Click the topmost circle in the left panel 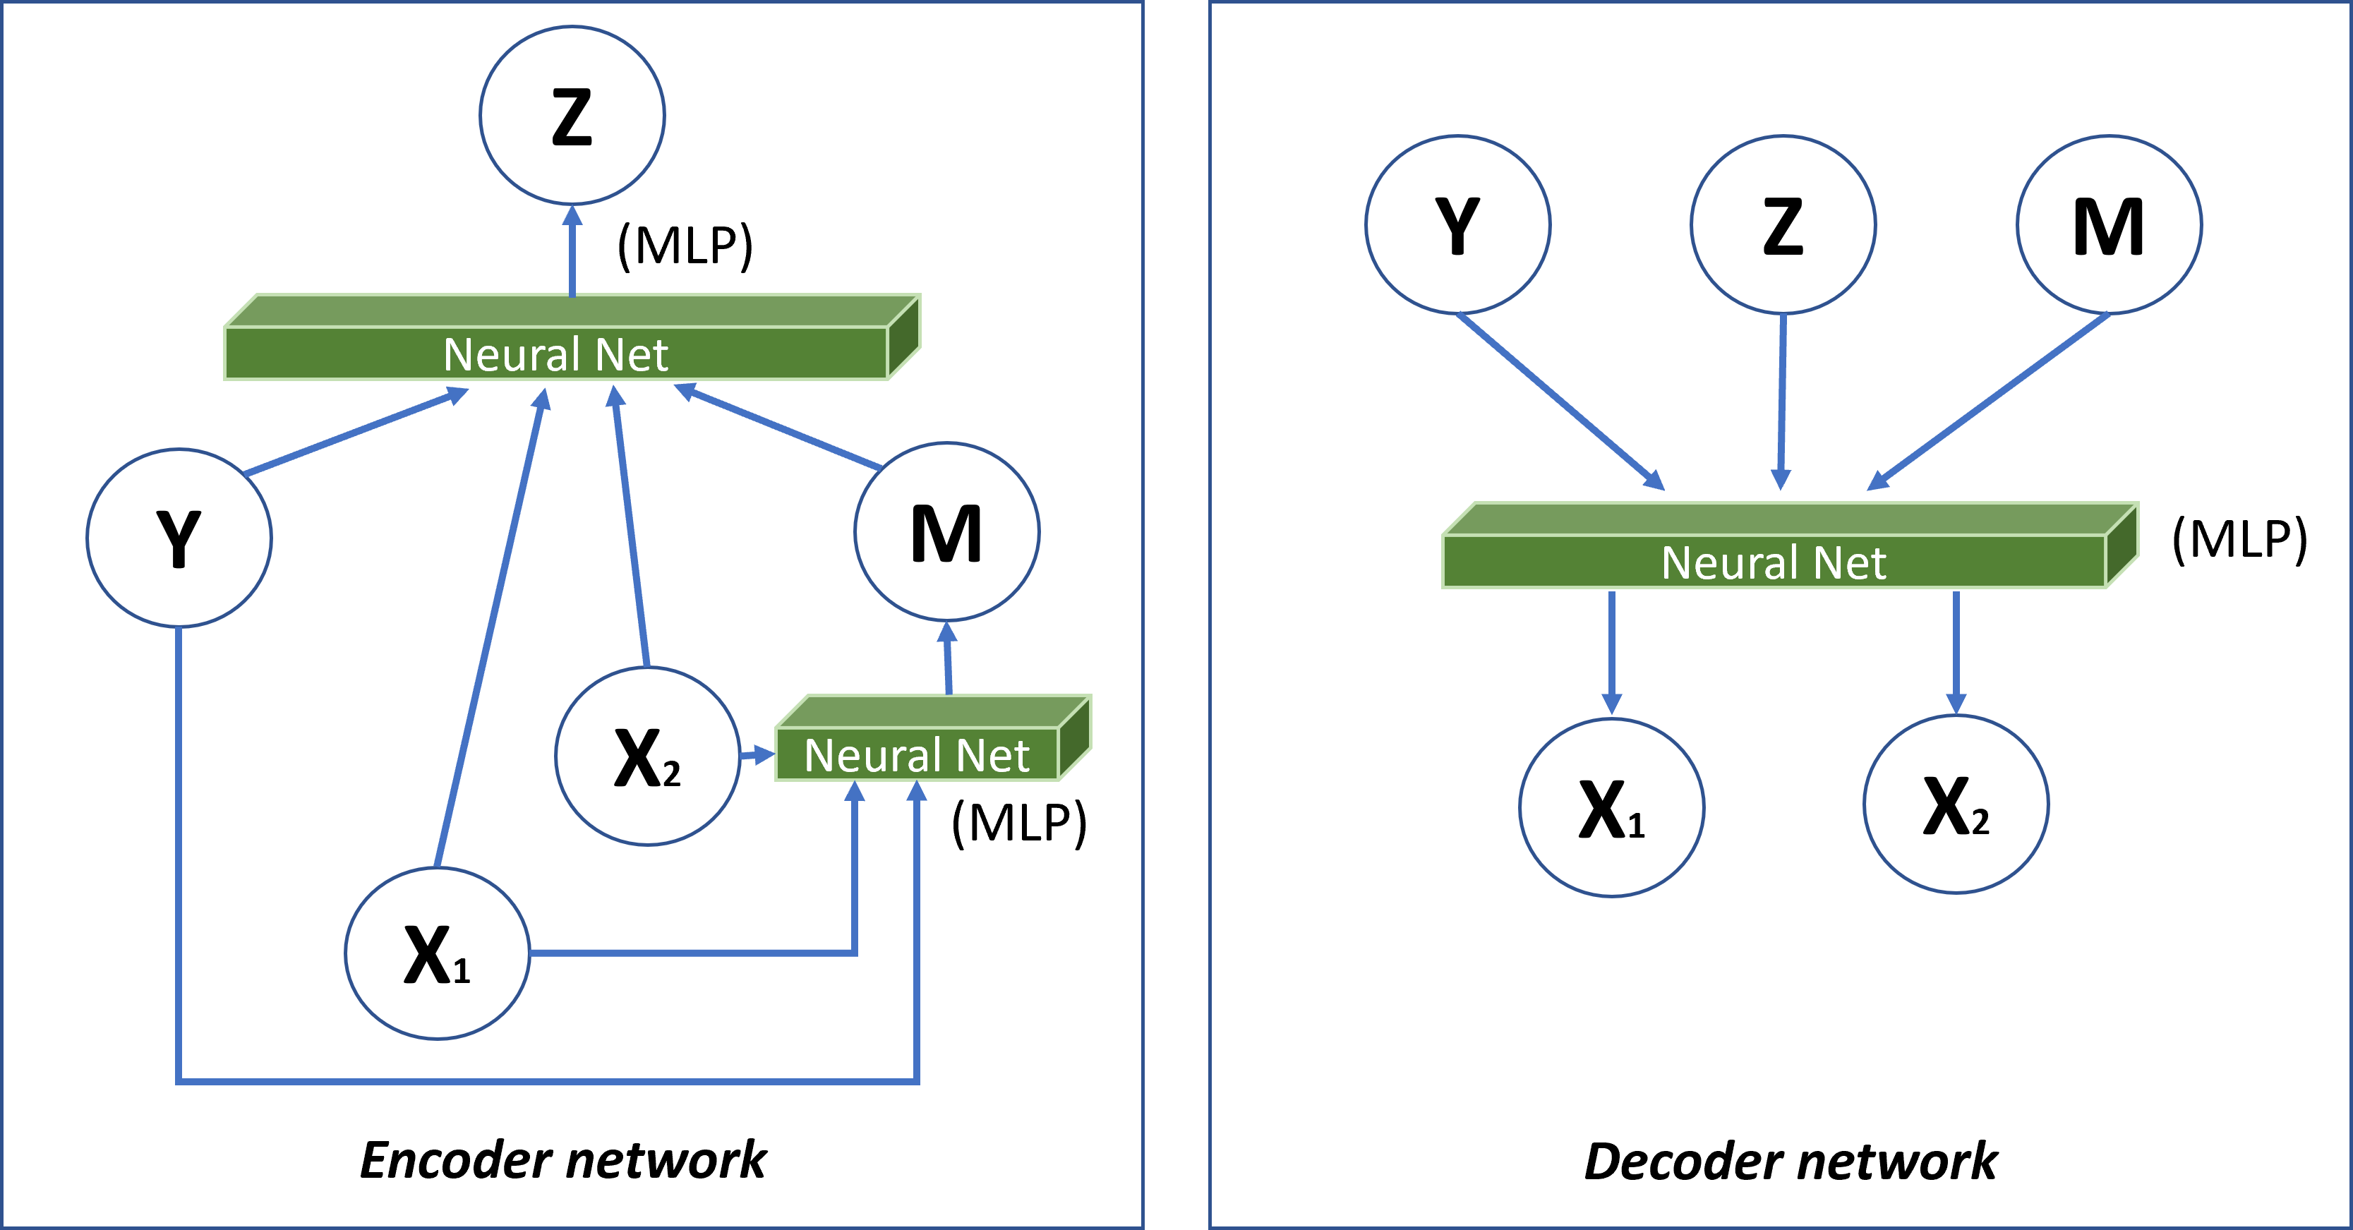[x=572, y=115]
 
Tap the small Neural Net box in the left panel [x=917, y=754]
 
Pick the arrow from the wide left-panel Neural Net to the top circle [x=572, y=251]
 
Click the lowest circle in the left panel [x=437, y=953]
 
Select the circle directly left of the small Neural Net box [x=646, y=756]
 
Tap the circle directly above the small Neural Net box [x=946, y=531]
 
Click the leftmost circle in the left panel [x=179, y=538]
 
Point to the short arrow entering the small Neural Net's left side [x=757, y=755]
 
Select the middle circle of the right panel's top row [x=1783, y=224]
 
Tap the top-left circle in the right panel [x=1458, y=224]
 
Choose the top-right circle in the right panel [x=2109, y=224]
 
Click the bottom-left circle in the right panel [x=1611, y=807]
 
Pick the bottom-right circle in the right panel [x=1956, y=804]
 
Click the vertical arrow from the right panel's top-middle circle [x=1781, y=402]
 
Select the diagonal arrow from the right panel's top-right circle [x=1987, y=402]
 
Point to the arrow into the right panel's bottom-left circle [x=1611, y=653]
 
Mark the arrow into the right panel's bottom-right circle [x=1956, y=653]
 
